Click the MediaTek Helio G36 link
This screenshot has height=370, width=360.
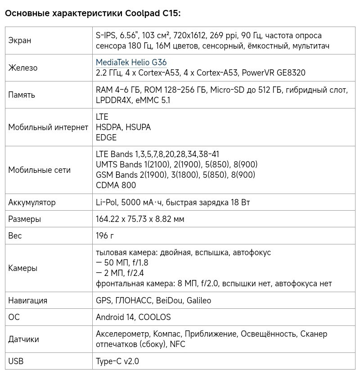[x=131, y=63]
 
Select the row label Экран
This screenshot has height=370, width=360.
[x=20, y=41]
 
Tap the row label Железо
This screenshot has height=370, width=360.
[x=23, y=68]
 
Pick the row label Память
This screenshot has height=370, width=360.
[x=22, y=95]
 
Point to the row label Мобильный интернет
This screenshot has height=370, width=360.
[x=48, y=127]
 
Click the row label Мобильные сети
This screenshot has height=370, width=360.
[x=40, y=170]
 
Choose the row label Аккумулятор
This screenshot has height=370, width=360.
[x=32, y=203]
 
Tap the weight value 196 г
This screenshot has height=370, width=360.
[x=105, y=236]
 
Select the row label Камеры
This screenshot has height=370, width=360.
[x=23, y=268]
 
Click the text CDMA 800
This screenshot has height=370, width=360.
[x=116, y=185]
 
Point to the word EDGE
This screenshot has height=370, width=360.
[x=106, y=138]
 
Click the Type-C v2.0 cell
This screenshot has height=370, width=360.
[x=117, y=361]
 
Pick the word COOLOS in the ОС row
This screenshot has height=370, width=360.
[x=154, y=317]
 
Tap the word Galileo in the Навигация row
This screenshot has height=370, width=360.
[x=198, y=301]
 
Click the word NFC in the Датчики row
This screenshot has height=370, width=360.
[x=177, y=344]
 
